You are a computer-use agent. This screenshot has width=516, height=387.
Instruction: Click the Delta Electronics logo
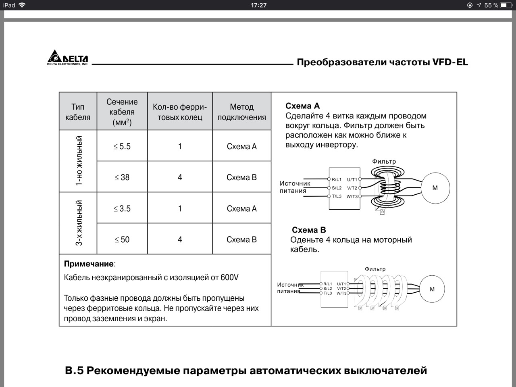(68, 58)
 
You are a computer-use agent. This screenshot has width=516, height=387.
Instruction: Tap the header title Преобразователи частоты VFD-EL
(382, 62)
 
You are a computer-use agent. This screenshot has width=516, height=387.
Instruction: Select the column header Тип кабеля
(78, 112)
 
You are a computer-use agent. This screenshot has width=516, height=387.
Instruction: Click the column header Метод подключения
(241, 112)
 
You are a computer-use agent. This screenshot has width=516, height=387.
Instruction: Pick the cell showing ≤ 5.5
(122, 146)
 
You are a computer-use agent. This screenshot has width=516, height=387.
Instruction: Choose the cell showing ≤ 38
(122, 177)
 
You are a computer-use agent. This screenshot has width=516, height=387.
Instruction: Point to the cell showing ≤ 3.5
(122, 208)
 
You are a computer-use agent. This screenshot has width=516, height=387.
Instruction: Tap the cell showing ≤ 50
(122, 239)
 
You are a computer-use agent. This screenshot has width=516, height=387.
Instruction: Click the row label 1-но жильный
(79, 161)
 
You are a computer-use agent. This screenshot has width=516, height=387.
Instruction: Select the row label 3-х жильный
(79, 223)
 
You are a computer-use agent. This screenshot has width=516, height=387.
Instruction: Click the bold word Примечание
(89, 264)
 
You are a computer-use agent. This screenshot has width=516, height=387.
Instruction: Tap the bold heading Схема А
(302, 106)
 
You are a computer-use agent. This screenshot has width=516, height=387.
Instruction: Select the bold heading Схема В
(308, 230)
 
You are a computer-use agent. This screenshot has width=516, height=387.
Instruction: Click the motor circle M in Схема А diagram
(435, 188)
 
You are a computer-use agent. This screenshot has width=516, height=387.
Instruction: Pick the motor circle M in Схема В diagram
(432, 289)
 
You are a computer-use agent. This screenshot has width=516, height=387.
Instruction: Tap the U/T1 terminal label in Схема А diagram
(352, 180)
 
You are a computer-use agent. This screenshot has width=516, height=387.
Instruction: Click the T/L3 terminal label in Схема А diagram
(337, 196)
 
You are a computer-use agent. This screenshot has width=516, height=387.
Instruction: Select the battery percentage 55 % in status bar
(491, 5)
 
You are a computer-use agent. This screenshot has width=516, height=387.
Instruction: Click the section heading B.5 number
(74, 370)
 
